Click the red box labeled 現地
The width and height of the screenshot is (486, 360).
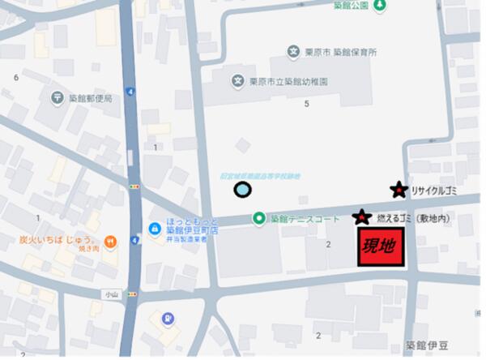point(382,246)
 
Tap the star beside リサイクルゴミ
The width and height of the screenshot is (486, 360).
point(398,191)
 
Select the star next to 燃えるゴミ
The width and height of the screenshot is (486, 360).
point(361,217)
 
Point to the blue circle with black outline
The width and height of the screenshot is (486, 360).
point(241,191)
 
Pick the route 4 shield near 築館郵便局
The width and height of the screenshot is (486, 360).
point(130,92)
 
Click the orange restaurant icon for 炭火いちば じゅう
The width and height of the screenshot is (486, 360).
point(110,241)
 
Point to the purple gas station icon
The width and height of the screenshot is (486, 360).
point(167,319)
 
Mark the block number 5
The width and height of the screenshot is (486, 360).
point(306,104)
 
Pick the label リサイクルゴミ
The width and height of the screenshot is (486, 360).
point(436,191)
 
